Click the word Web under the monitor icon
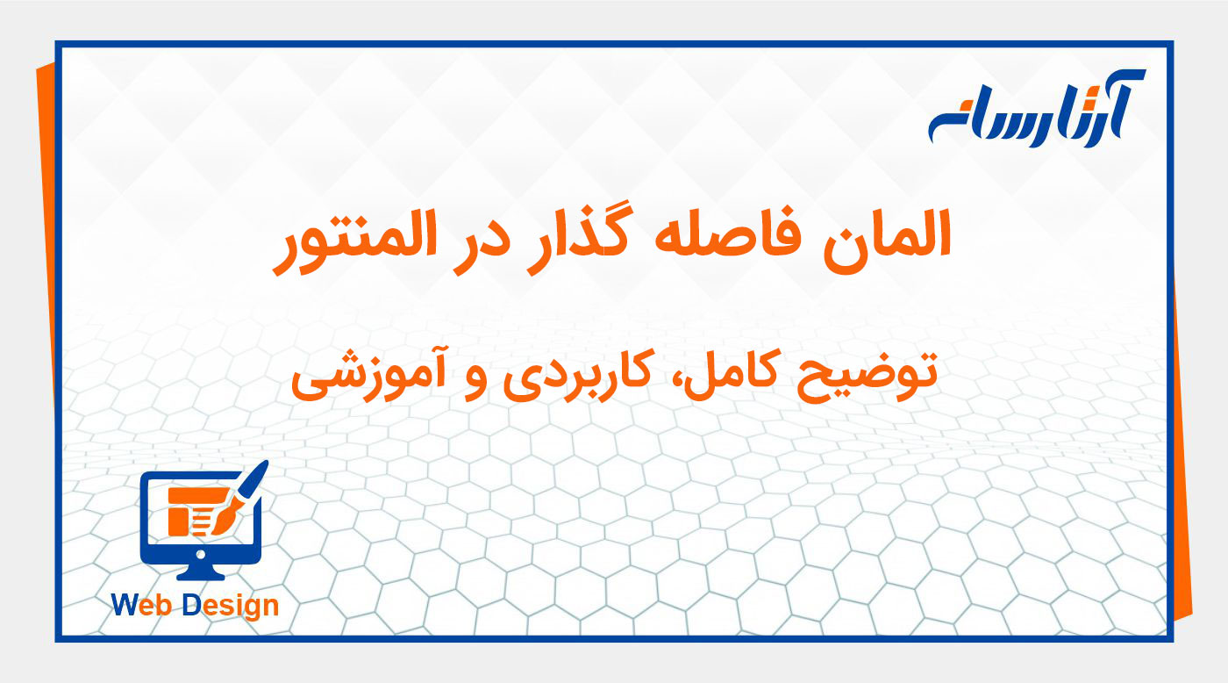click(x=143, y=605)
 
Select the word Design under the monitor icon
click(x=231, y=607)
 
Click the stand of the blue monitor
click(x=201, y=572)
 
